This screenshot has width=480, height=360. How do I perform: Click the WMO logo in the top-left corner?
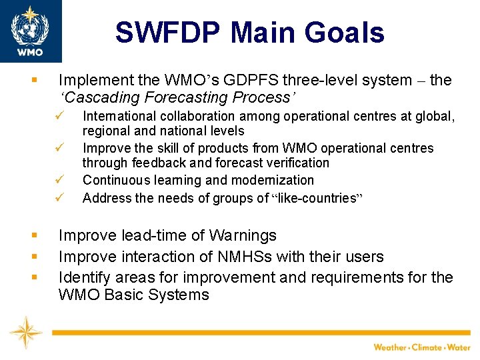point(30,30)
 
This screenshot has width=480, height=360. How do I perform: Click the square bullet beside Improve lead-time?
point(33,236)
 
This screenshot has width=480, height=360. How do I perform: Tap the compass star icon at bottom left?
point(25,331)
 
